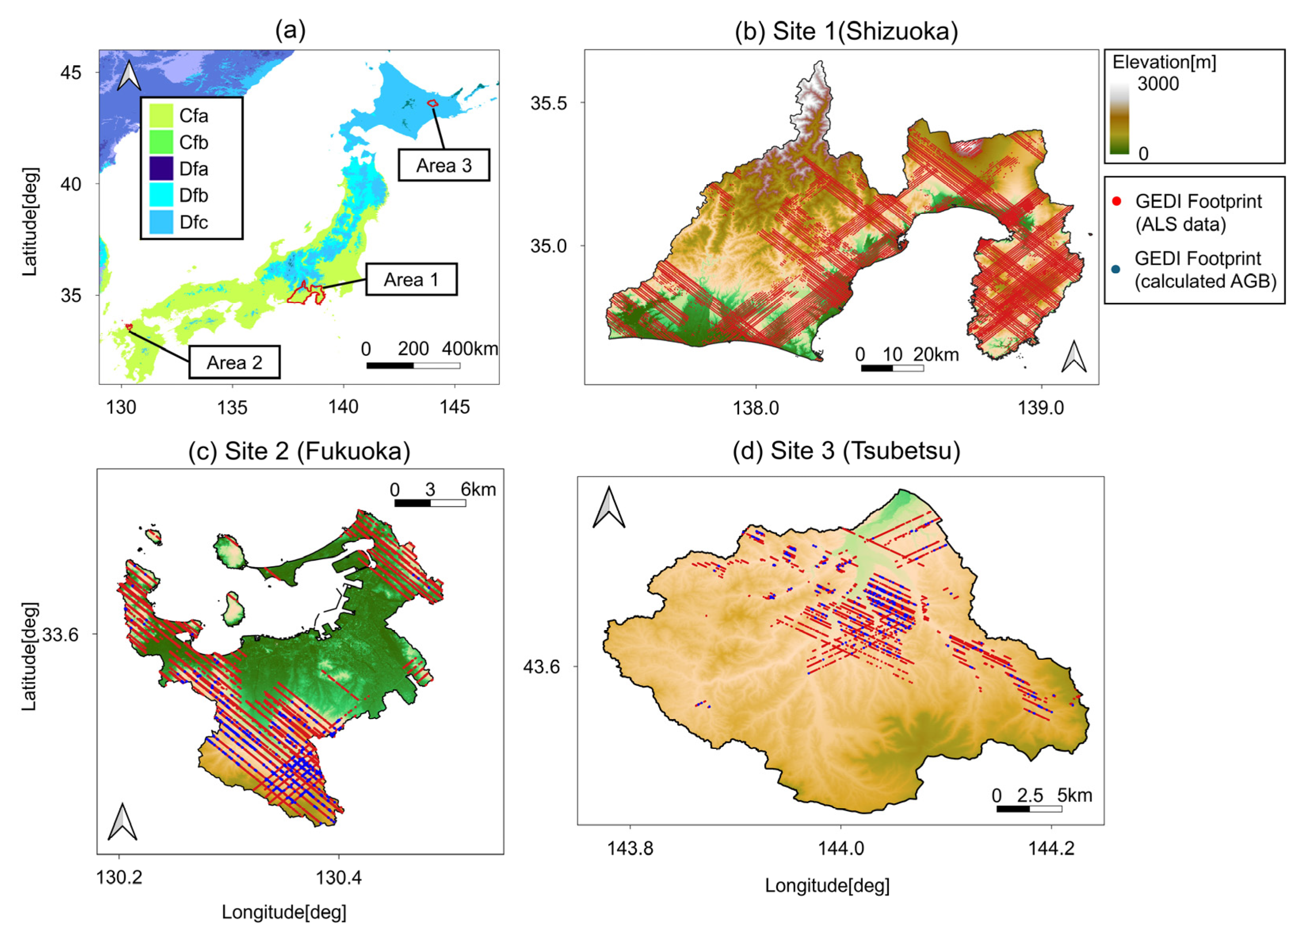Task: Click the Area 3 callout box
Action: [x=444, y=165]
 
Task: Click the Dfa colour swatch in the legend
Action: [x=161, y=169]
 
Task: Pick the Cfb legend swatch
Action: [x=161, y=142]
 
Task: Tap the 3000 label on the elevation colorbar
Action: [x=1158, y=84]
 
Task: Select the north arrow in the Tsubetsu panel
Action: [x=609, y=507]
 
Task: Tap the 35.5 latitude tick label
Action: [x=549, y=103]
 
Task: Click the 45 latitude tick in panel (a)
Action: [x=71, y=73]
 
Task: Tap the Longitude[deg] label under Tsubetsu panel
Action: [x=827, y=885]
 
